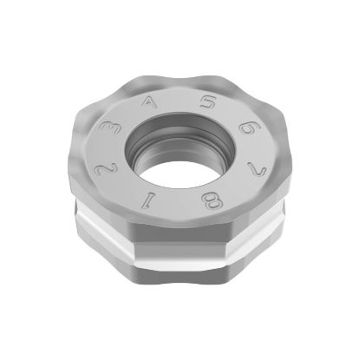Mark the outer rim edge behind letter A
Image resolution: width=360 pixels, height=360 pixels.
pyautogui.click(x=143, y=83)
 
